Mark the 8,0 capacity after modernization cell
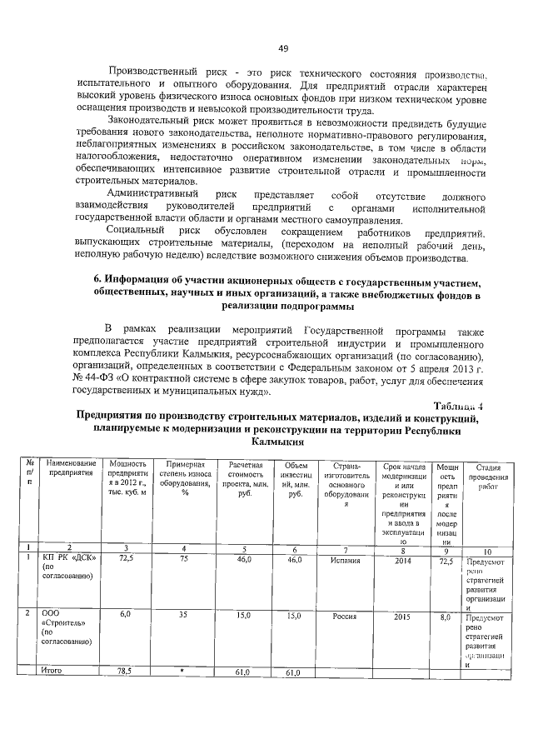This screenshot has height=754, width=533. (446, 617)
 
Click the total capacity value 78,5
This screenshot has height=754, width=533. (125, 671)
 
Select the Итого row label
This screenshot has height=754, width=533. (52, 670)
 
